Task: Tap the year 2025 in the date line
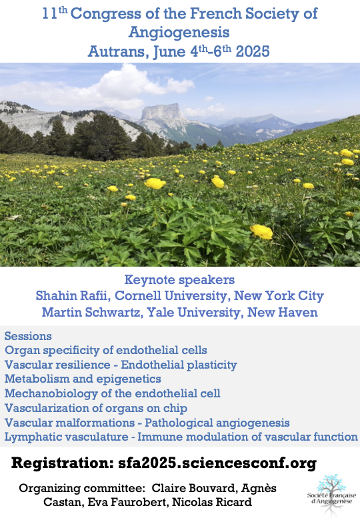point(253,51)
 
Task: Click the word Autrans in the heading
point(117,52)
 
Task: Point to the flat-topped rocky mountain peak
point(161,112)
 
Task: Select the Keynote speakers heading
point(179,279)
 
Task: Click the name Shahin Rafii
point(73,295)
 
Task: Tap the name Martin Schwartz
point(92,312)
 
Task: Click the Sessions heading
point(28,336)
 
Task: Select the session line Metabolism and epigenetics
point(83,379)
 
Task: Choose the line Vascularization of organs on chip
point(96,408)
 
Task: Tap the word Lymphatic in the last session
point(33,437)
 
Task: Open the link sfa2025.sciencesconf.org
point(217,463)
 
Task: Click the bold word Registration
point(62,463)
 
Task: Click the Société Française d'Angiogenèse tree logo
point(331,493)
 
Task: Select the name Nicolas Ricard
point(212,502)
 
